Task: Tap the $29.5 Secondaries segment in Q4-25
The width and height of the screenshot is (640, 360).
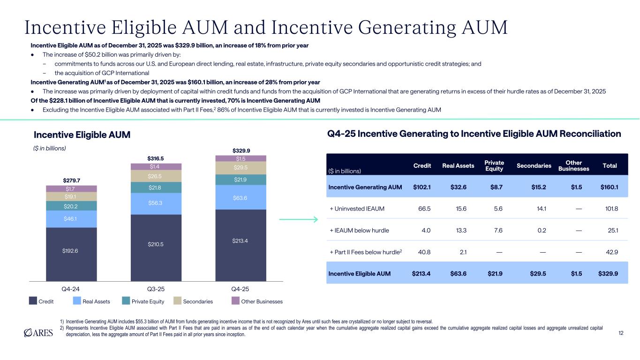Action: point(241,168)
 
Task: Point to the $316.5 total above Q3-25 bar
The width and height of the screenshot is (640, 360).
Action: point(156,158)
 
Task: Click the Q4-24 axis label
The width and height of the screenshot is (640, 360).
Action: point(71,289)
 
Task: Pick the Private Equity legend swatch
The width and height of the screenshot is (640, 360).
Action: point(126,301)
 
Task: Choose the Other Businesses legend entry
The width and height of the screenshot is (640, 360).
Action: point(258,301)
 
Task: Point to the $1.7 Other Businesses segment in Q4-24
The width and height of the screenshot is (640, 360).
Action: point(71,189)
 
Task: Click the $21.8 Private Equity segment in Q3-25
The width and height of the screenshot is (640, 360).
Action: point(156,187)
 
